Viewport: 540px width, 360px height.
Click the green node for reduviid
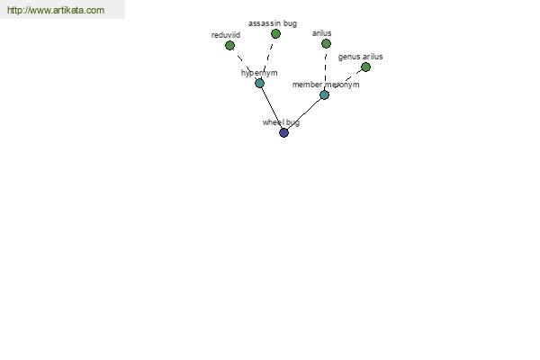pyautogui.click(x=229, y=46)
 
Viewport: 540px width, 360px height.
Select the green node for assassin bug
pyautogui.click(x=275, y=34)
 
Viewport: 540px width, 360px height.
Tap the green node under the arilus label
pyautogui.click(x=326, y=44)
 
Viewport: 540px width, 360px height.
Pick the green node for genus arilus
pyautogui.click(x=365, y=67)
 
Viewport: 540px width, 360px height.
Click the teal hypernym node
pyautogui.click(x=260, y=83)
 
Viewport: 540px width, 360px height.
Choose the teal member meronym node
pyautogui.click(x=324, y=94)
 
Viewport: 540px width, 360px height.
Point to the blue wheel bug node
pyautogui.click(x=283, y=132)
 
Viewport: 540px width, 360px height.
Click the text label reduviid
pyautogui.click(x=226, y=35)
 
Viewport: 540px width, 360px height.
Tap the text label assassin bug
pyautogui.click(x=273, y=23)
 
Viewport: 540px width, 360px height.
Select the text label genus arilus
pyautogui.click(x=360, y=57)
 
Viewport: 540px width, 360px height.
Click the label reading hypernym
pyautogui.click(x=259, y=73)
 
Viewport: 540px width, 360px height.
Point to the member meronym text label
pyautogui.click(x=326, y=85)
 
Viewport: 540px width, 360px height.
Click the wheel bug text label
pyautogui.click(x=281, y=122)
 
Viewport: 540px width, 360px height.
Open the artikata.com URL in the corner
pyautogui.click(x=56, y=10)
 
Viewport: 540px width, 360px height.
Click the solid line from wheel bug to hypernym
pyautogui.click(x=272, y=108)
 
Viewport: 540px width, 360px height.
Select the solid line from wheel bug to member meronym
pyautogui.click(x=304, y=113)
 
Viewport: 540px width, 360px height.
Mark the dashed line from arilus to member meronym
pyautogui.click(x=326, y=69)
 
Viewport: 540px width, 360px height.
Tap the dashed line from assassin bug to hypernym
pyautogui.click(x=267, y=58)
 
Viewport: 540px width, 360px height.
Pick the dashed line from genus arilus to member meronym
pyautogui.click(x=345, y=81)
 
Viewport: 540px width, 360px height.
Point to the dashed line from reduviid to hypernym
pyautogui.click(x=245, y=64)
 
